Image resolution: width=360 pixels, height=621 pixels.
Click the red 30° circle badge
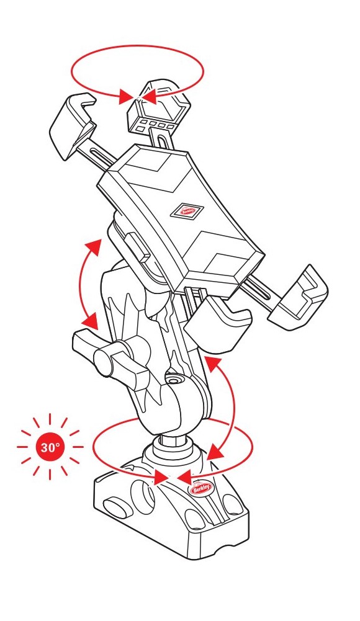pyautogui.click(x=50, y=447)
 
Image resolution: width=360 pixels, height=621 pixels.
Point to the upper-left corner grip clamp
pyautogui.click(x=73, y=122)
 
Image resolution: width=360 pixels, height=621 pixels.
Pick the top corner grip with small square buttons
pyautogui.click(x=157, y=107)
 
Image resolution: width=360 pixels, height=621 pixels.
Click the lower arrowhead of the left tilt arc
pyautogui.click(x=92, y=320)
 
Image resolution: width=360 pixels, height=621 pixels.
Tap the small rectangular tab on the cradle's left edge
pyautogui.click(x=136, y=246)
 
